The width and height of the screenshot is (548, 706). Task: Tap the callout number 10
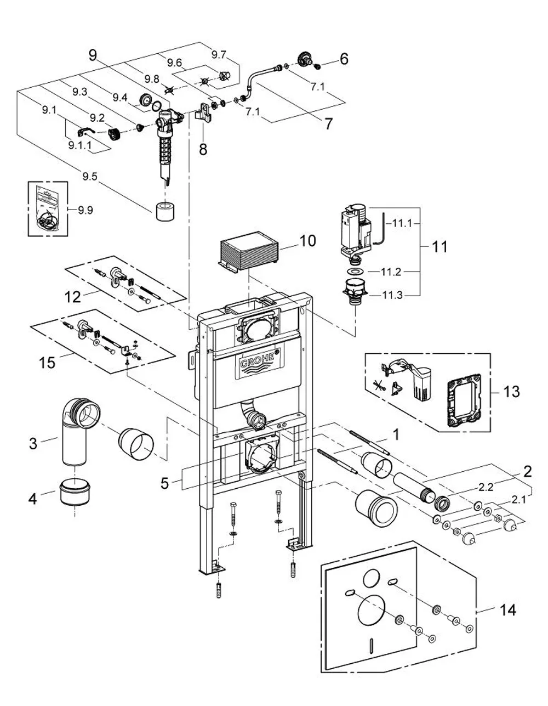307,241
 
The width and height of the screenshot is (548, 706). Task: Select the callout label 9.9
85,210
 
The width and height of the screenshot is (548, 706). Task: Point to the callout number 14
508,610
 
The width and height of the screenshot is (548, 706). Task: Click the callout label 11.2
391,272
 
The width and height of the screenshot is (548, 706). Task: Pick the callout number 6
344,59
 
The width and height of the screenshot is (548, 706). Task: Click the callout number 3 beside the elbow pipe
33,443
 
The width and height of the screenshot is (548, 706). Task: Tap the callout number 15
47,363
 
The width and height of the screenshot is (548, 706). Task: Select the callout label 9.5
90,177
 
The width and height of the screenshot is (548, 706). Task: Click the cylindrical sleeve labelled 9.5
165,211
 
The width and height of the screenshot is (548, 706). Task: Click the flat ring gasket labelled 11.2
356,272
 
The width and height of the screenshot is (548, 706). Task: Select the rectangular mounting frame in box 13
464,400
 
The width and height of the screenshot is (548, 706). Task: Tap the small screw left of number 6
318,66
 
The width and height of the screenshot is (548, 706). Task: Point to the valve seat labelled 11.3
355,291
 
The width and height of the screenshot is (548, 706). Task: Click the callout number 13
511,392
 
